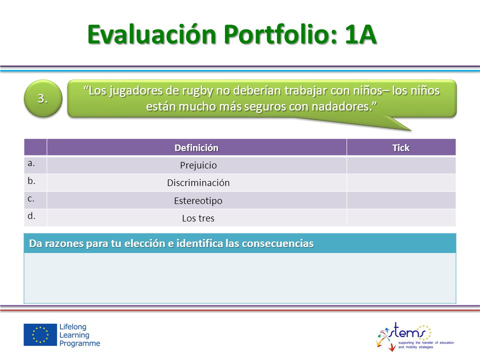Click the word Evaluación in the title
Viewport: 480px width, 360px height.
[x=152, y=34]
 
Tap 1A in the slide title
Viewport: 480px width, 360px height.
[x=360, y=34]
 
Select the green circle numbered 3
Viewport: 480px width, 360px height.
[x=43, y=98]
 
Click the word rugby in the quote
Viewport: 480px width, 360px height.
[x=198, y=91]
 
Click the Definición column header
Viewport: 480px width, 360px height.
[x=196, y=148]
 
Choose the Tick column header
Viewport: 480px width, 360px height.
[x=400, y=148]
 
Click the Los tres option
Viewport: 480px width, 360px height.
[x=198, y=218]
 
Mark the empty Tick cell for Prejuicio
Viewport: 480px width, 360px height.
[x=401, y=165]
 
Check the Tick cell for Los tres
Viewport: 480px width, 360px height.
[x=401, y=218]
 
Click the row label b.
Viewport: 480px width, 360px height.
[x=31, y=181]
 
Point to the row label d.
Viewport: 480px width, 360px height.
[x=31, y=216]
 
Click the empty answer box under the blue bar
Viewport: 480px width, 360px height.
[x=240, y=278]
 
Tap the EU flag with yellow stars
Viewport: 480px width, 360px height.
[x=40, y=334]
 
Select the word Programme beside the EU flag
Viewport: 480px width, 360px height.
[x=79, y=343]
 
